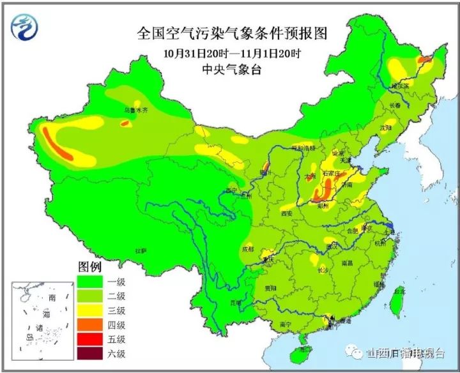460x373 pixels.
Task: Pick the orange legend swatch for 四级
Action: tap(93, 324)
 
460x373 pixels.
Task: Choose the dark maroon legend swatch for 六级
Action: tap(93, 354)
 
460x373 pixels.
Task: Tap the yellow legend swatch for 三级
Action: tap(93, 310)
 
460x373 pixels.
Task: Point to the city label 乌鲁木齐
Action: tap(135, 110)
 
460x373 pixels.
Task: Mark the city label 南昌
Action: tap(347, 263)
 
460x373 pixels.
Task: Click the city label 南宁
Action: tap(286, 324)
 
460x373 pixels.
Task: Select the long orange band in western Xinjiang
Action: tap(58, 145)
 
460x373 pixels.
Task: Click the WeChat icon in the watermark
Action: tap(351, 353)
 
